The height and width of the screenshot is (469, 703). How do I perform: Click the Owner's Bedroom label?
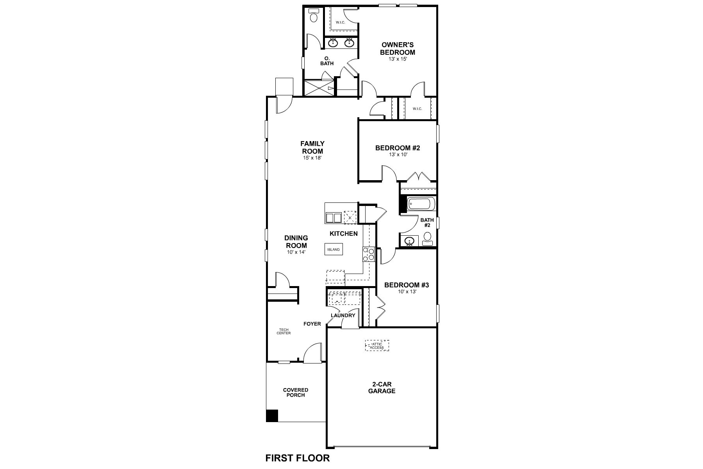tap(398, 48)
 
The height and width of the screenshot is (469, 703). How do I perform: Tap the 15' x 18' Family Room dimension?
tap(312, 158)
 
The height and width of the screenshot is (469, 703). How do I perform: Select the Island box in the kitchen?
tap(334, 249)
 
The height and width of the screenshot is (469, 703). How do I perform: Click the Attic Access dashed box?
tap(377, 345)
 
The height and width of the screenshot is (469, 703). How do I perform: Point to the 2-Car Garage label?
tap(382, 388)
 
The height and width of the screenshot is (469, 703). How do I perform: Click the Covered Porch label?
tap(296, 392)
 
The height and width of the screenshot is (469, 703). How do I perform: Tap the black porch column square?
tap(272, 415)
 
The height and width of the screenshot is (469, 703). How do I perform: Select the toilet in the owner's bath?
tap(313, 17)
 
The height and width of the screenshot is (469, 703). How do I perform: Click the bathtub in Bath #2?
tap(421, 204)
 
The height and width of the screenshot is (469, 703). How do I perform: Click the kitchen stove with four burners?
tap(368, 254)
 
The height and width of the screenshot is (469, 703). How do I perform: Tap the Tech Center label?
tap(284, 331)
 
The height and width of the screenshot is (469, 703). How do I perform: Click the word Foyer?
tap(312, 324)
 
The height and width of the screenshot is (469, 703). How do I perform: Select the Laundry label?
tap(343, 315)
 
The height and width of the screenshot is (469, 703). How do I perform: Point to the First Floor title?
tap(298, 458)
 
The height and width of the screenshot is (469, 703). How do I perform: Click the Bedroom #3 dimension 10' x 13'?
tap(407, 292)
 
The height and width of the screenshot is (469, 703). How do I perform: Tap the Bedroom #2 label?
tap(398, 148)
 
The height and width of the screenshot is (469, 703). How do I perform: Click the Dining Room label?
tap(296, 242)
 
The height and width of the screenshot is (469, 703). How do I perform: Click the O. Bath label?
tap(327, 61)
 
